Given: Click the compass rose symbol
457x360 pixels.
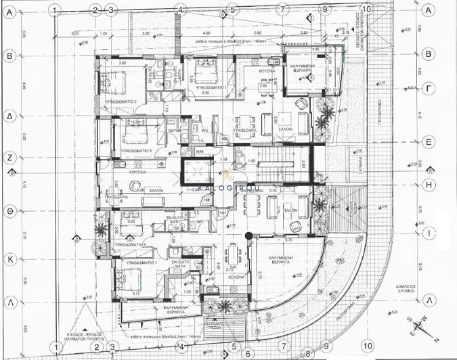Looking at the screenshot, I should [x=418, y=328].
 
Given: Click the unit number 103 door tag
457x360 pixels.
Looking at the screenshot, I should [x=225, y=138].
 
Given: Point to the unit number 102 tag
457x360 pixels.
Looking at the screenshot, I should [x=205, y=199].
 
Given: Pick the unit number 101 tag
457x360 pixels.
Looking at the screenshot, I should [x=222, y=214].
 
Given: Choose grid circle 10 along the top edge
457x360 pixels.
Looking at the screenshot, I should [x=366, y=9].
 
